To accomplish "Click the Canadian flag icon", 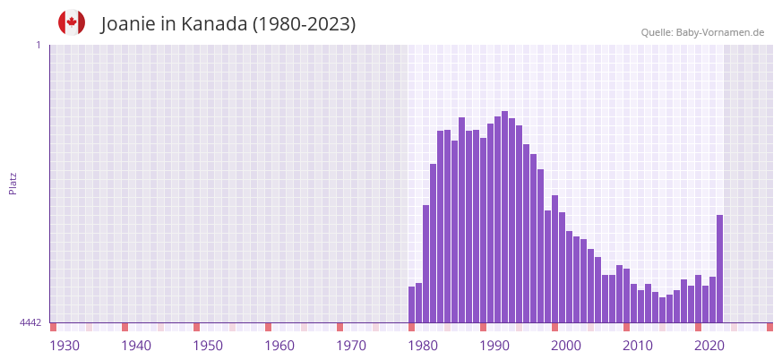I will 72,22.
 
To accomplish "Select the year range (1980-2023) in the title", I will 304,24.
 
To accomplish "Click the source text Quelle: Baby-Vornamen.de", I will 702,32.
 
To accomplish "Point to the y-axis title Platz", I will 13,183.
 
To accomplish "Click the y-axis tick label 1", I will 38,45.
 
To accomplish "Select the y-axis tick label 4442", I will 30,322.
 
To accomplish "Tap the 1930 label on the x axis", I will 64,345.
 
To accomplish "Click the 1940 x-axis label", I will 136,345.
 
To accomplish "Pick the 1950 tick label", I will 208,345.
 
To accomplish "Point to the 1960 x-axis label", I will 279,345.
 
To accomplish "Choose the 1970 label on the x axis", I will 351,345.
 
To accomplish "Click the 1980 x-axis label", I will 423,345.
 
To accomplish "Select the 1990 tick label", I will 494,345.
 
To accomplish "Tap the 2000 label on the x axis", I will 566,345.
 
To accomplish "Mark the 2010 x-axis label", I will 638,345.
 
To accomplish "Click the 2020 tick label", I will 709,345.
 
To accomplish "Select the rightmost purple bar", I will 719,269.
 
